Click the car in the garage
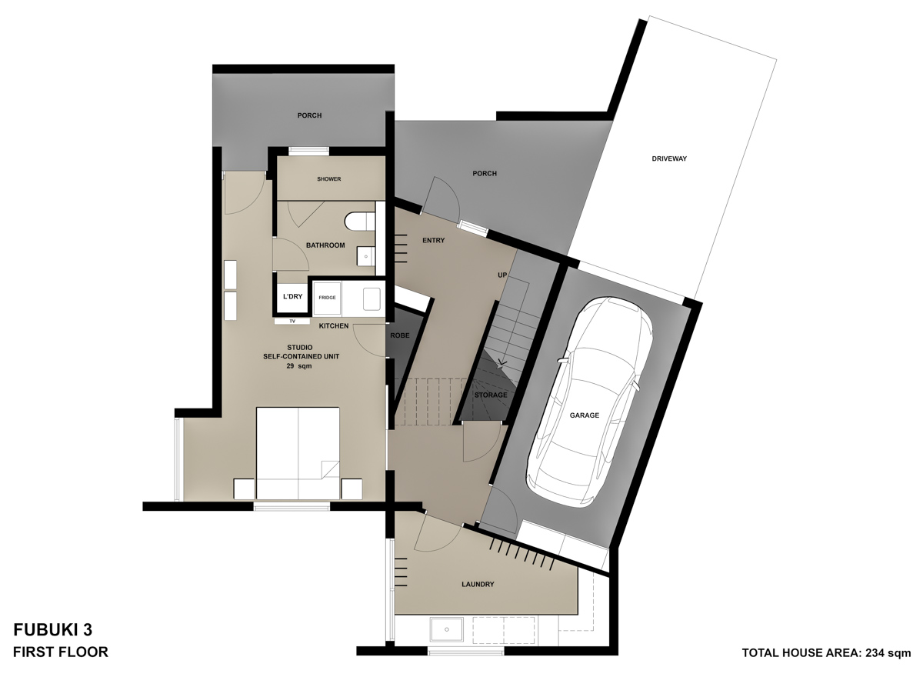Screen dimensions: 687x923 click(588, 406)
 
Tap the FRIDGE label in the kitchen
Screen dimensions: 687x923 click(327, 297)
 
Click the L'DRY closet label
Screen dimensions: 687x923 click(292, 297)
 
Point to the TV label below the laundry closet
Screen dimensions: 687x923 click(292, 321)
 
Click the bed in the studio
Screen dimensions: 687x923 click(298, 454)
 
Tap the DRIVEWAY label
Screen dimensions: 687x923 click(668, 159)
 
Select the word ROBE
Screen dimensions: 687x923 click(400, 336)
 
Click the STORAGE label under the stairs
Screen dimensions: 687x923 click(490, 395)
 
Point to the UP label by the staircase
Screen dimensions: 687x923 click(502, 275)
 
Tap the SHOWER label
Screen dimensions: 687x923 click(328, 179)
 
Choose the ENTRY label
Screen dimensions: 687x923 click(433, 241)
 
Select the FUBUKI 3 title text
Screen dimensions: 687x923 click(53, 630)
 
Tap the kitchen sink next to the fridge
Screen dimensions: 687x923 click(372, 298)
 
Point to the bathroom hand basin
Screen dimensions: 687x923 click(365, 254)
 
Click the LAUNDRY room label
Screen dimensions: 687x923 click(478, 585)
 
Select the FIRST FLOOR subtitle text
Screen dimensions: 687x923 click(61, 652)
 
